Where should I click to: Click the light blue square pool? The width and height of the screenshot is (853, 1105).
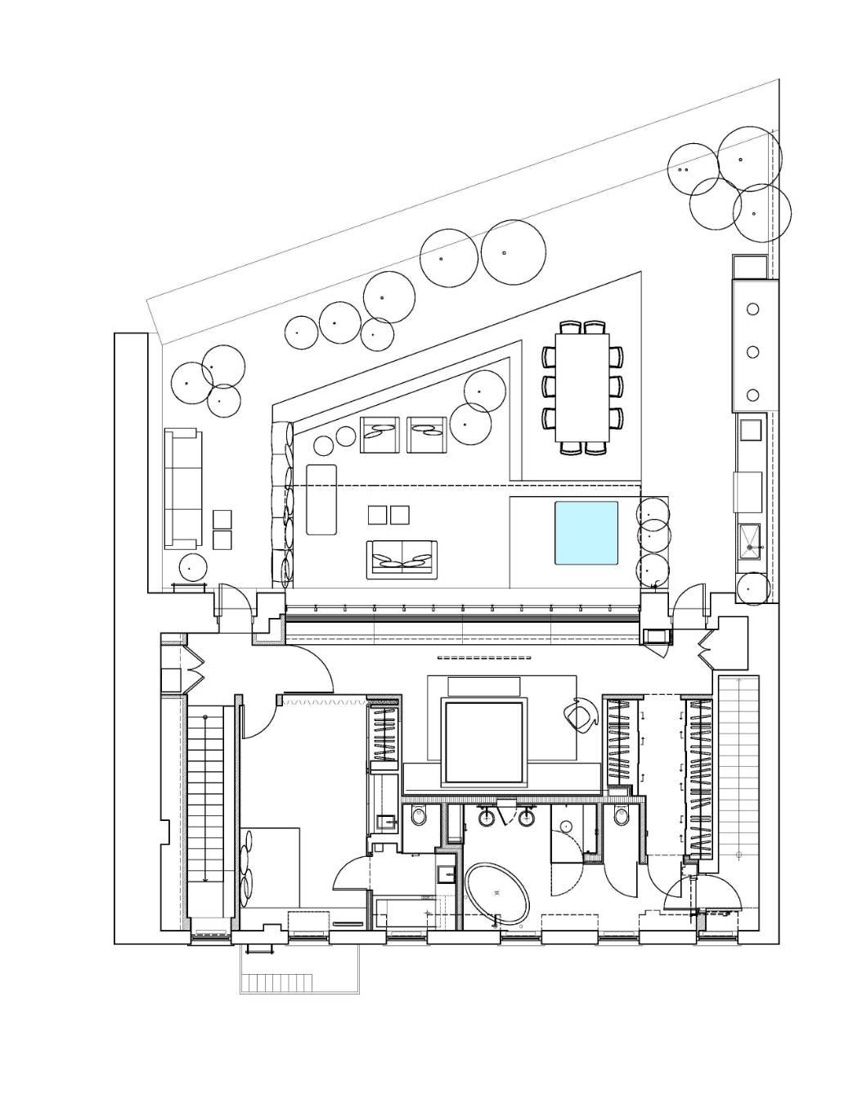pos(587,533)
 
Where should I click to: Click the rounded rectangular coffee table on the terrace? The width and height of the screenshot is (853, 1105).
pos(321,499)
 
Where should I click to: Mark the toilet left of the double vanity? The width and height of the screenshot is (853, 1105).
pos(420,816)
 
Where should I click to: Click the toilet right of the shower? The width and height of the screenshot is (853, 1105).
pos(622,816)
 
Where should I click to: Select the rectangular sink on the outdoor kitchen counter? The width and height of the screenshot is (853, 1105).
pos(751,537)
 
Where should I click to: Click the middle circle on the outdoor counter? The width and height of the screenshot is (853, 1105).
pos(754,352)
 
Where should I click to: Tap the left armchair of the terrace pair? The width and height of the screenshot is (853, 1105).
pos(379,434)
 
